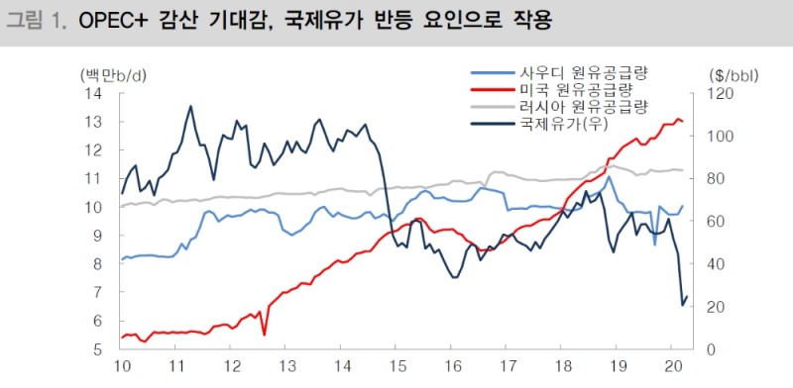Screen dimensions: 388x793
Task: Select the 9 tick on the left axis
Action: pyautogui.click(x=99, y=237)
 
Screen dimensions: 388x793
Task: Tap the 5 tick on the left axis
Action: pyautogui.click(x=99, y=350)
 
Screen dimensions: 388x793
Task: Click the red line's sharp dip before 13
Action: pyautogui.click(x=264, y=335)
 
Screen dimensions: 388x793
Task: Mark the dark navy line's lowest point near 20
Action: pyautogui.click(x=682, y=304)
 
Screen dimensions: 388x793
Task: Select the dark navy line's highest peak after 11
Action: pyautogui.click(x=190, y=106)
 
